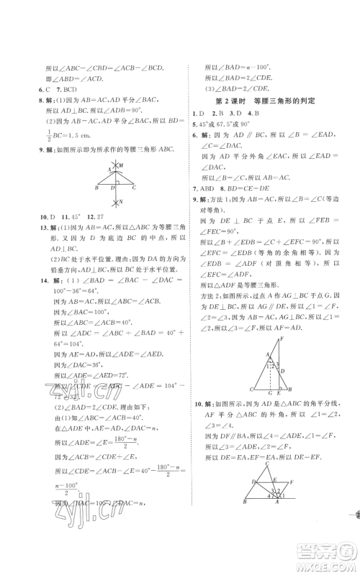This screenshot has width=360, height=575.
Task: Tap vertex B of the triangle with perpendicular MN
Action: tap(95, 189)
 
